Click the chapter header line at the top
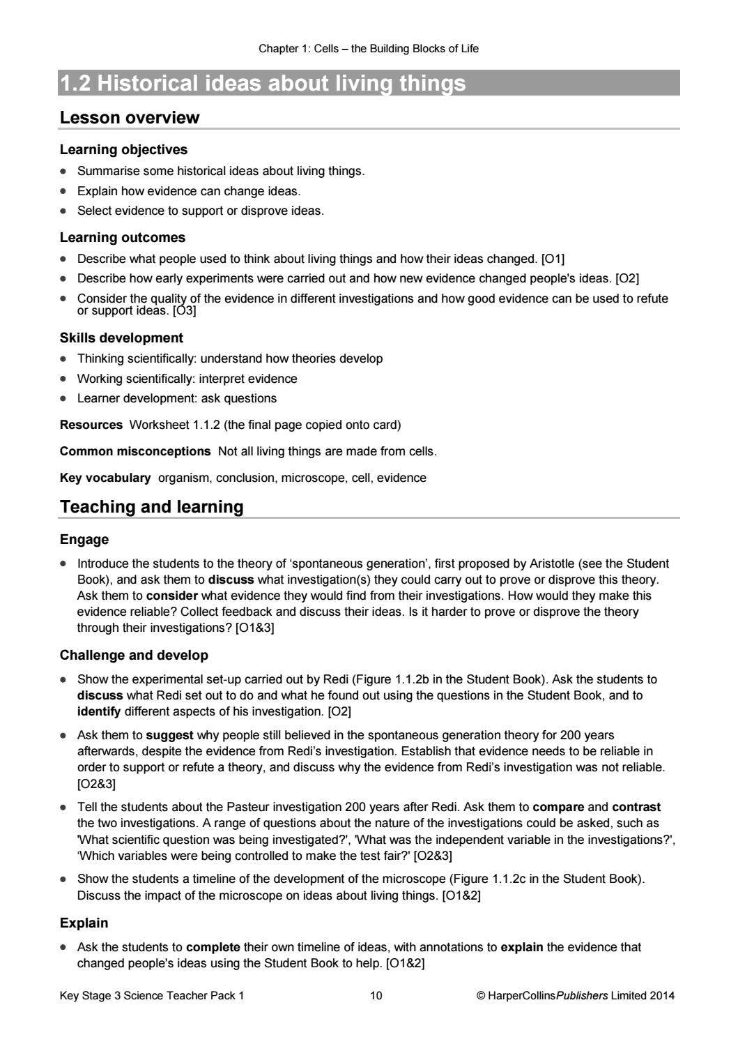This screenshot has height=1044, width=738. (x=369, y=49)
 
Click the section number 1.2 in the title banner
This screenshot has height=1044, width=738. (x=76, y=84)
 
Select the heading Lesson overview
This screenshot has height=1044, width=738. (x=130, y=118)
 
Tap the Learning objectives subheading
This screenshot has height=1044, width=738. (x=123, y=150)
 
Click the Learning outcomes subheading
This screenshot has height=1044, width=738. (x=123, y=238)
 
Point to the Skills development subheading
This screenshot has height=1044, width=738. (x=121, y=338)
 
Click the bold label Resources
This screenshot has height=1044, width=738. (x=91, y=425)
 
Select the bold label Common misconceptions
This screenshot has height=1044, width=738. (x=135, y=451)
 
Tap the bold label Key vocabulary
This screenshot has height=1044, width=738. (x=105, y=478)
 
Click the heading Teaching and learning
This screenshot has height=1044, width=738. (x=152, y=507)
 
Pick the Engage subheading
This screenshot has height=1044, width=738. (x=84, y=540)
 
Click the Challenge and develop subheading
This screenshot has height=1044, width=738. (x=134, y=656)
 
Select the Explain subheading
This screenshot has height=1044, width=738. (x=84, y=923)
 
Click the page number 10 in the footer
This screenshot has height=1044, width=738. (x=376, y=996)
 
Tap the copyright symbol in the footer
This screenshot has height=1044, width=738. (x=480, y=996)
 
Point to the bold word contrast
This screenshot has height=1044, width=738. (x=636, y=808)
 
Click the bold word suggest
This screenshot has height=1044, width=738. (x=170, y=735)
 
